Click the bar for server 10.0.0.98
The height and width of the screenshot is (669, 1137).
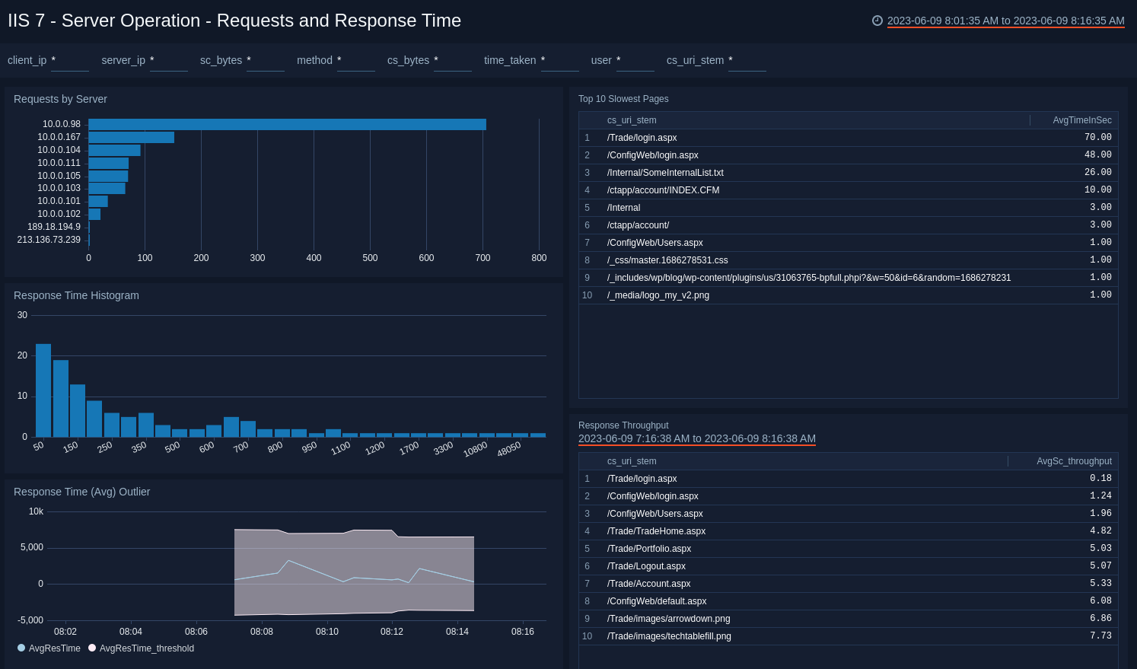(287, 124)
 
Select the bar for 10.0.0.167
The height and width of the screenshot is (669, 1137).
(131, 137)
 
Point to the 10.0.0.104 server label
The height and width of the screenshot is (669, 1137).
(59, 150)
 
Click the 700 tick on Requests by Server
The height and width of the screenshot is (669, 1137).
(483, 258)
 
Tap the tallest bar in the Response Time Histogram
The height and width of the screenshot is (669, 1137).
(43, 390)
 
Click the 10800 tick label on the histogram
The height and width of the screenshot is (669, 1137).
(475, 450)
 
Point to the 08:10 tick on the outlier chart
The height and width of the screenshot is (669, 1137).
(327, 632)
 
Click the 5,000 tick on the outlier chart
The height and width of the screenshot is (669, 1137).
(32, 547)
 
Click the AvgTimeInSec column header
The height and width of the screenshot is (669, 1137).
(1081, 120)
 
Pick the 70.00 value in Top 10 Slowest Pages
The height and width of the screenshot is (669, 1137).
(1097, 138)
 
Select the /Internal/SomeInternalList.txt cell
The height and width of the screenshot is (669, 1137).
(665, 173)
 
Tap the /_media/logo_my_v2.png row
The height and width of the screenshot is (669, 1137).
(658, 295)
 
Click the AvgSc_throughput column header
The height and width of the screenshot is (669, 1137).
(1074, 461)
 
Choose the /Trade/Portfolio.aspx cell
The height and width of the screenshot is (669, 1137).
(648, 549)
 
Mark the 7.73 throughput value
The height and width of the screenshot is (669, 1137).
(1100, 636)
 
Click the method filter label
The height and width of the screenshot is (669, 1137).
(314, 60)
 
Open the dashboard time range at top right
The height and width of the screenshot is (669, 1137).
(1005, 21)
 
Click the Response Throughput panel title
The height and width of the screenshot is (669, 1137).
(623, 425)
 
